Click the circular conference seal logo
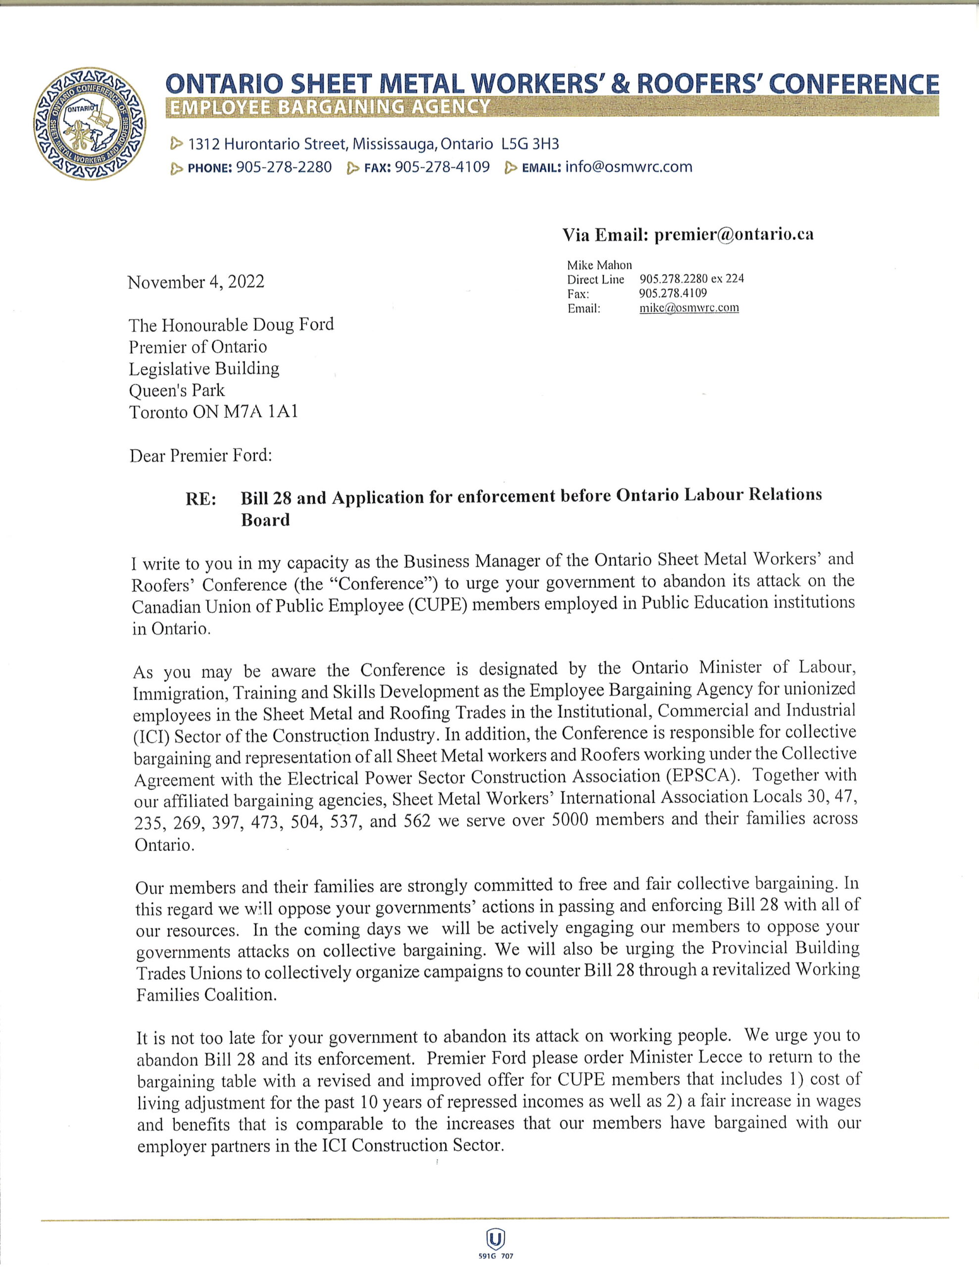tap(90, 123)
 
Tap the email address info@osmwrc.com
tap(629, 167)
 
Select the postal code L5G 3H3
tap(530, 144)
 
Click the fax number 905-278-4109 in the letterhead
tap(441, 167)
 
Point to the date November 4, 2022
tap(196, 282)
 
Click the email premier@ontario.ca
tap(734, 235)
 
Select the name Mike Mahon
tap(599, 265)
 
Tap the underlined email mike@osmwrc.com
tap(689, 308)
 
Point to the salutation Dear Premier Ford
tap(201, 455)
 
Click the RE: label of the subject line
tap(201, 499)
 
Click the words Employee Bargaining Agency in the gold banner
tap(328, 107)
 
